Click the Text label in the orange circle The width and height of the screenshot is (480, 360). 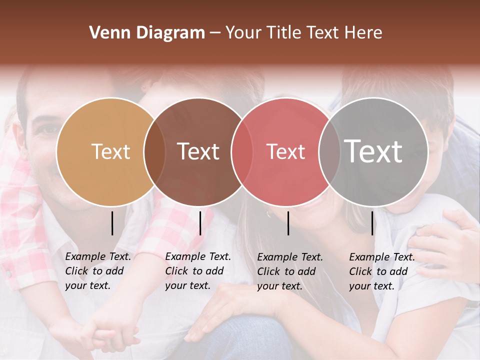coord(110,151)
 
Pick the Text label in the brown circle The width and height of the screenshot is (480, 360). coord(198,151)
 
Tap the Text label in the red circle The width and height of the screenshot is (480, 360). coord(285,151)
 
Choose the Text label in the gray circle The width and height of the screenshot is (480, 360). coord(373,151)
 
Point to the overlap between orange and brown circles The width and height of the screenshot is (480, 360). coord(154,151)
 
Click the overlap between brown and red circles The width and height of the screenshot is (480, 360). coord(242,151)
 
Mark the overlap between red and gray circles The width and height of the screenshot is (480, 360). coord(329,151)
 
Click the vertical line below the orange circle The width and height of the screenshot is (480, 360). coord(112,223)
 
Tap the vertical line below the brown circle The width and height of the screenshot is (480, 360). coord(200,223)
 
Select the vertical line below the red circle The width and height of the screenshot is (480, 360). coord(288,223)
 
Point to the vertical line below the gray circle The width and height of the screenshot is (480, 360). coord(372,223)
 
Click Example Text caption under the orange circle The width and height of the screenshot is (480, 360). coord(98,271)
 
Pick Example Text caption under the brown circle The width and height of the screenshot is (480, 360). coord(198,271)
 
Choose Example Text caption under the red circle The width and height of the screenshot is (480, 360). coord(290,271)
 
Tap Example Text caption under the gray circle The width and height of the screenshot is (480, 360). coord(382,271)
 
